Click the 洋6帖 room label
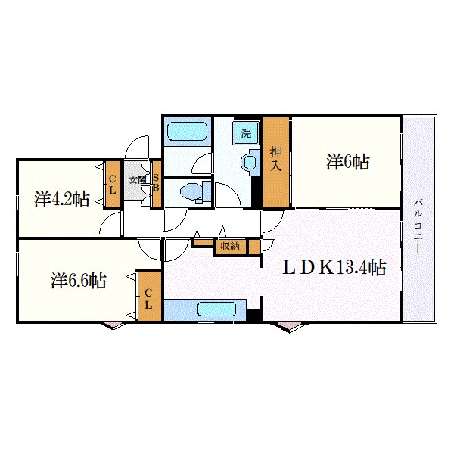click(x=348, y=162)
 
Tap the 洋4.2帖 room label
click(x=62, y=200)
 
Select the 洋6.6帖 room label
click(x=79, y=281)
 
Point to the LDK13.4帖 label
click(x=335, y=267)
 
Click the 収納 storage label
click(x=230, y=246)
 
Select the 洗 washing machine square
click(x=245, y=133)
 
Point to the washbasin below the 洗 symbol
click(x=247, y=161)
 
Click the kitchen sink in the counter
click(x=218, y=309)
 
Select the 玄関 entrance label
click(x=136, y=180)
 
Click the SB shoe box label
click(x=156, y=184)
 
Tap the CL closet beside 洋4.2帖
click(x=112, y=184)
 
